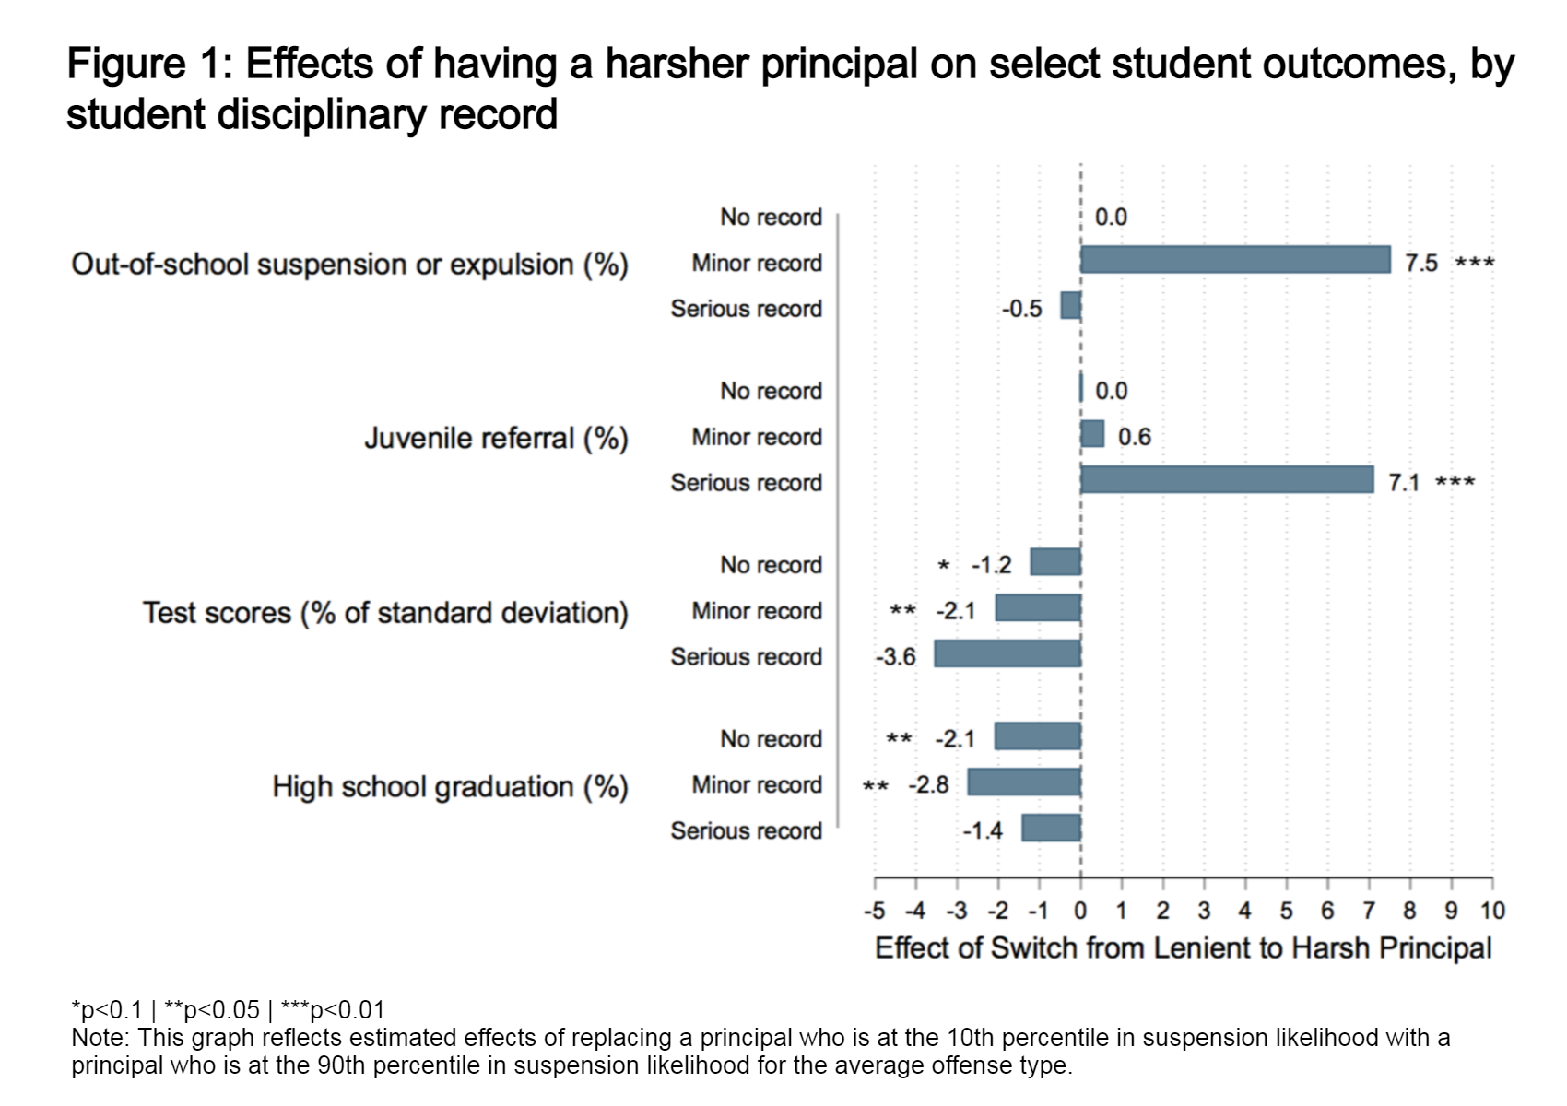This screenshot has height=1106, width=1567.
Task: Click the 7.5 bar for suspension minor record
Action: (x=1235, y=260)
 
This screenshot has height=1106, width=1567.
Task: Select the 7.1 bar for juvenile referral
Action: (x=1227, y=480)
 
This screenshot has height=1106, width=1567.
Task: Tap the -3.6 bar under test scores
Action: (x=1007, y=654)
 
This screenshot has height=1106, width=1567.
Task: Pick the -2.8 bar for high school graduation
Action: (x=1023, y=782)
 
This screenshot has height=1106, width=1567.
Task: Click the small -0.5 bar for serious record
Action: (x=1070, y=306)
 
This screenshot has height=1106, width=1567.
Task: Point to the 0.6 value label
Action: (x=1134, y=437)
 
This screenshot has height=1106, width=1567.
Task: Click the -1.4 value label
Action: (x=982, y=831)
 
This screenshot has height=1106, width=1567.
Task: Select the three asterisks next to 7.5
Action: (x=1474, y=264)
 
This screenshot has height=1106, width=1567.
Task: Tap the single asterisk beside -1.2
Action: (x=943, y=566)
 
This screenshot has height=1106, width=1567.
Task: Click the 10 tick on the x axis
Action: (x=1492, y=912)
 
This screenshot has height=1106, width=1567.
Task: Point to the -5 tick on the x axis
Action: (x=874, y=912)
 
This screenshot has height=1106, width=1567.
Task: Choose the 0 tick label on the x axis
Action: (x=1080, y=912)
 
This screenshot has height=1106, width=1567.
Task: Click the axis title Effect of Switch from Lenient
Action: (x=1183, y=948)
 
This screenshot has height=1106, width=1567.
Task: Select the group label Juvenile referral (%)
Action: (x=496, y=438)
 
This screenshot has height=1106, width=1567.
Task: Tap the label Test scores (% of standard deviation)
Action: (x=385, y=613)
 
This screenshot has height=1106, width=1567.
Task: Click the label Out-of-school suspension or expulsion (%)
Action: (x=349, y=265)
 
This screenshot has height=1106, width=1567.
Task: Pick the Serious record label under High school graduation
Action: (x=746, y=831)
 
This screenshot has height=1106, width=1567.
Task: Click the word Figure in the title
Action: (x=126, y=65)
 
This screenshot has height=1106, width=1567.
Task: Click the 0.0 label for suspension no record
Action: (x=1111, y=218)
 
